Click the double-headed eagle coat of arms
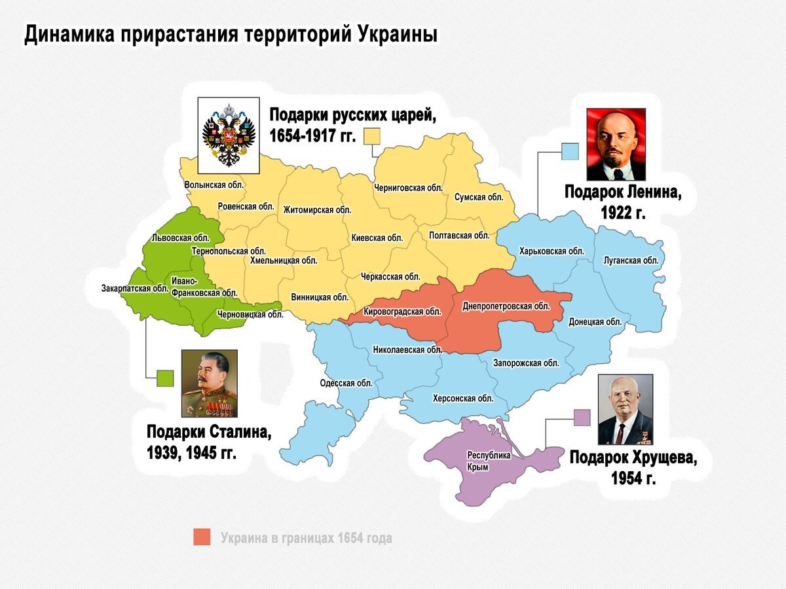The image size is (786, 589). click(x=229, y=134)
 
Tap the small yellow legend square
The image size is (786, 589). click(x=373, y=136)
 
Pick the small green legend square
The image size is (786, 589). click(x=165, y=378)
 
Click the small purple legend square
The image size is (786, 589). click(x=582, y=418)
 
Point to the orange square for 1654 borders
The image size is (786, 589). click(x=202, y=537)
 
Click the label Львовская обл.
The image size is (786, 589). click(x=180, y=238)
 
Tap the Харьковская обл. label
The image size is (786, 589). click(x=551, y=251)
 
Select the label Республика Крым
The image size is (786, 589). click(x=488, y=461)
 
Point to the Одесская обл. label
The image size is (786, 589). click(x=346, y=384)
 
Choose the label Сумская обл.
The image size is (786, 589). click(x=478, y=197)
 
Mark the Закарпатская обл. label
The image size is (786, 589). click(x=135, y=288)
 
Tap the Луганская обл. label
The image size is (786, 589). click(x=631, y=260)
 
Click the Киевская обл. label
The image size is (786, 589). click(x=377, y=238)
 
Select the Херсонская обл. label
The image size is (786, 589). click(x=463, y=398)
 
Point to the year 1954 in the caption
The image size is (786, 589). click(x=626, y=478)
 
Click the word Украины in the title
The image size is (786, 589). click(x=398, y=34)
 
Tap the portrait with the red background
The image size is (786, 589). click(x=616, y=144)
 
